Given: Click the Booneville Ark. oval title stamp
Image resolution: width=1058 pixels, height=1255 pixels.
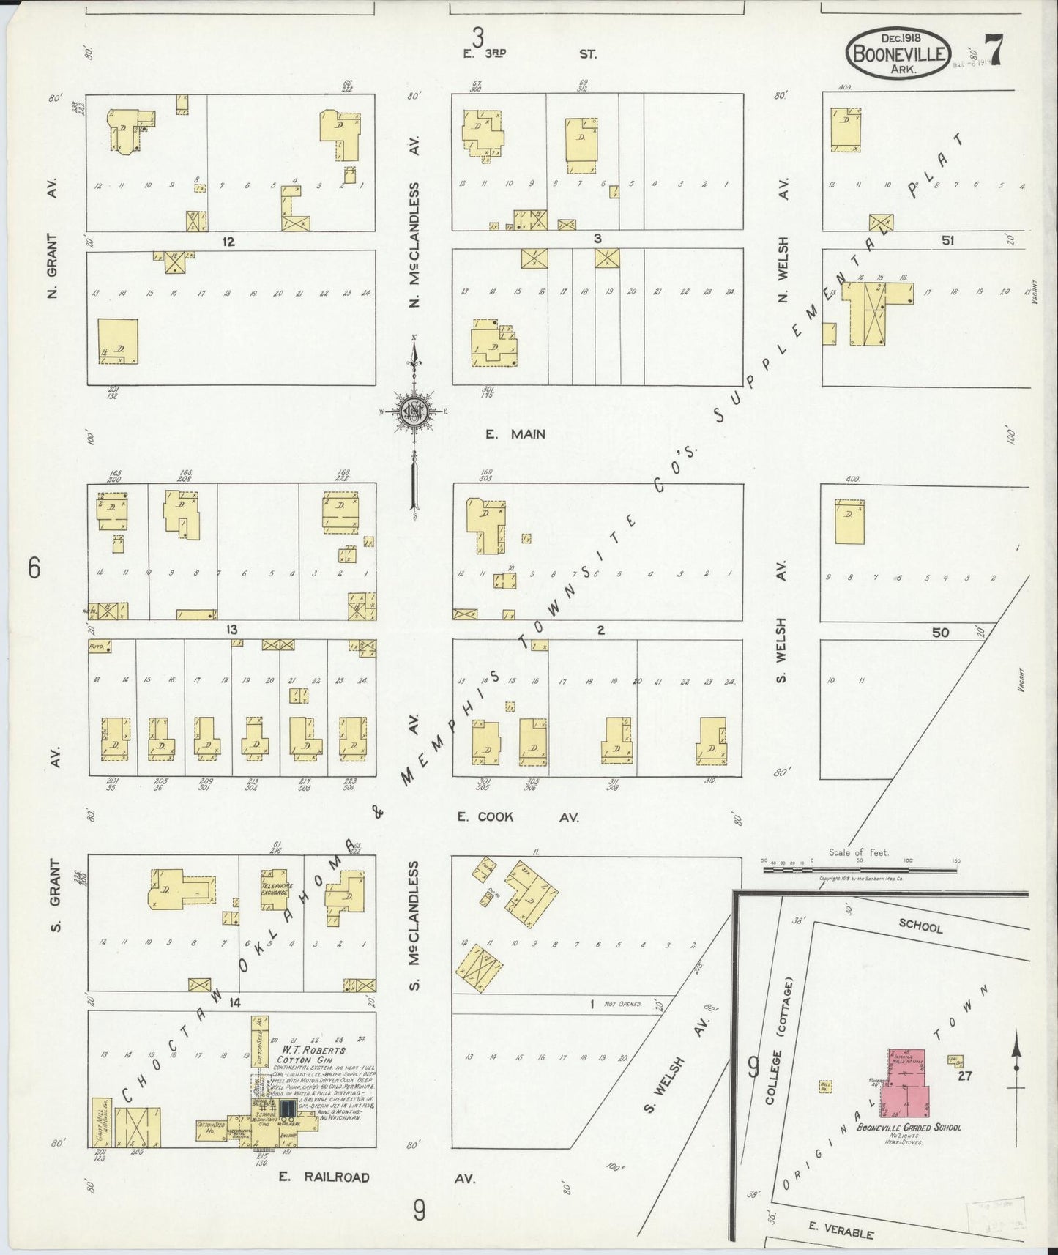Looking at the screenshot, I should click(x=899, y=53).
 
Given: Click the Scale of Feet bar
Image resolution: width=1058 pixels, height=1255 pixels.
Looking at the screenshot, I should click(x=859, y=869).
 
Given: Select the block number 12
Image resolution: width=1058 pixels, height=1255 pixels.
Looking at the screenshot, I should click(x=228, y=241).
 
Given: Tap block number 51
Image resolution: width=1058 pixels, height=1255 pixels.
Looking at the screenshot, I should click(x=947, y=239).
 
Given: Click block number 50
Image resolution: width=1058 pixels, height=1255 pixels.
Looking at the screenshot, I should click(x=940, y=632).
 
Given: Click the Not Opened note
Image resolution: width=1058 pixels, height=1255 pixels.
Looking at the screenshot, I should click(x=622, y=1004).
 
